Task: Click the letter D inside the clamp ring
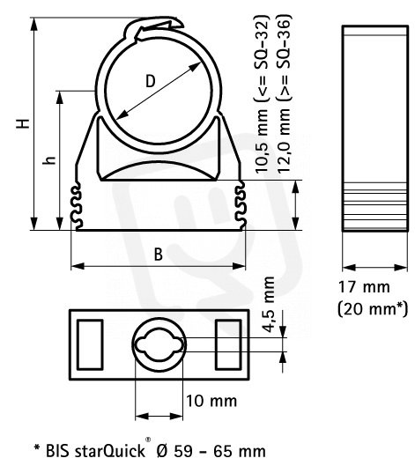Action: tap(151, 81)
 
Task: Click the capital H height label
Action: tap(23, 123)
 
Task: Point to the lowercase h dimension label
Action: tap(49, 160)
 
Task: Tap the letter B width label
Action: tap(158, 255)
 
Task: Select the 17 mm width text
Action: tap(364, 287)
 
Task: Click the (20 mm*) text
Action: tap(373, 309)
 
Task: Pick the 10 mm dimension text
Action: tap(211, 401)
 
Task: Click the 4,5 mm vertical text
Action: tap(269, 305)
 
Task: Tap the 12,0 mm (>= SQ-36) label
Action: tap(284, 92)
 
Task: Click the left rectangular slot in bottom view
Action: tap(90, 344)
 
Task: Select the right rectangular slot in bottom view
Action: tap(228, 344)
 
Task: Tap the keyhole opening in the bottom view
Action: tap(159, 344)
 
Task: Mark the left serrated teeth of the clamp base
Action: tap(76, 205)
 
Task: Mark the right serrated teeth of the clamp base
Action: tap(241, 205)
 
